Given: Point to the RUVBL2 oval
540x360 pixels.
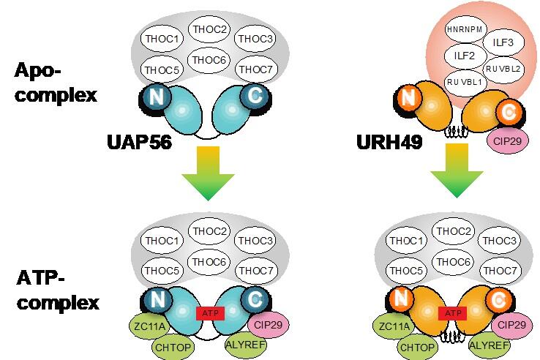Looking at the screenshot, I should [x=503, y=68].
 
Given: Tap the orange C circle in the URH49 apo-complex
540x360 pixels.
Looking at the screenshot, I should [x=506, y=112].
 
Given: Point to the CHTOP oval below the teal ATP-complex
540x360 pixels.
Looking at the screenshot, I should [x=173, y=345].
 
